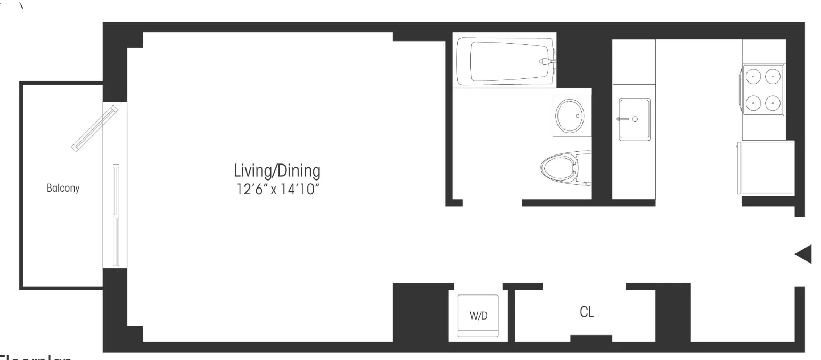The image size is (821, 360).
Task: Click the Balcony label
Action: click(63, 188)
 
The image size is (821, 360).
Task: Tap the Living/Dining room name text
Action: click(277, 171)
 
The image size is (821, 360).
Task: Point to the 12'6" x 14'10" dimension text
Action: click(277, 189)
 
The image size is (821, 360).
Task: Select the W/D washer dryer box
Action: click(478, 315)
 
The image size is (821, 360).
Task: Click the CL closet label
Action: click(587, 312)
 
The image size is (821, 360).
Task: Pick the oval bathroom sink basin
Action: click(570, 116)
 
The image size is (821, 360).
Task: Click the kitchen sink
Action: click(634, 119)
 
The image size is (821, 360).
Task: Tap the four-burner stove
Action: click(763, 89)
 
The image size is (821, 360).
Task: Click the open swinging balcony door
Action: click(95, 128)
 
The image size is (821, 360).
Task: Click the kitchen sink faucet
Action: click(621, 119)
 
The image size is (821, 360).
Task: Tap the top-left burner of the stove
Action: click(753, 77)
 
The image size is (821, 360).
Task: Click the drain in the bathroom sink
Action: click(578, 116)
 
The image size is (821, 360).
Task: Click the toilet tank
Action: click(583, 168)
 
